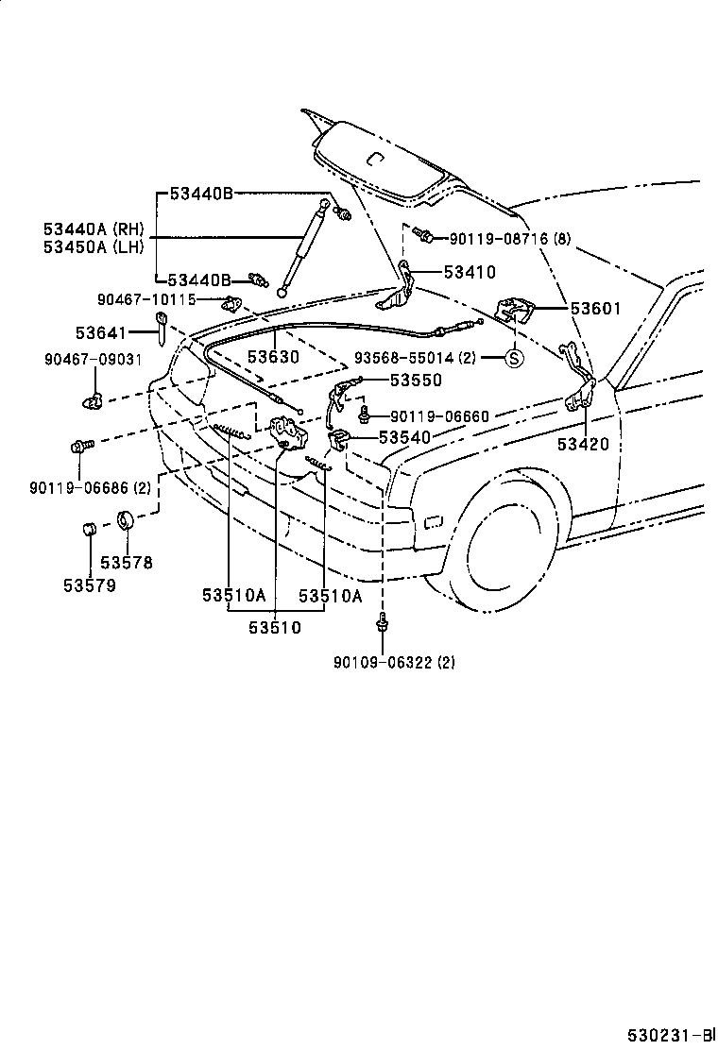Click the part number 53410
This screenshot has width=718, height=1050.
click(x=470, y=273)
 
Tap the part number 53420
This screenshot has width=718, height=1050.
click(x=583, y=444)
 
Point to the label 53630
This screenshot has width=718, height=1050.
click(x=273, y=357)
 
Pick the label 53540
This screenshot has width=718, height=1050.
click(x=404, y=437)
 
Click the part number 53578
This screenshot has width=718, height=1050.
click(x=127, y=563)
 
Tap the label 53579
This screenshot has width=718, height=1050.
click(x=90, y=585)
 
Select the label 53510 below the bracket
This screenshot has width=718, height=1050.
click(x=275, y=626)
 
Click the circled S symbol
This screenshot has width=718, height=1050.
click(x=513, y=359)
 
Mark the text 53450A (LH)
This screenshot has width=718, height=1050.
click(x=93, y=247)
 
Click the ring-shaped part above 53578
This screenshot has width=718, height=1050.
click(x=126, y=521)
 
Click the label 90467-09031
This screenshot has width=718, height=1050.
click(x=93, y=359)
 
